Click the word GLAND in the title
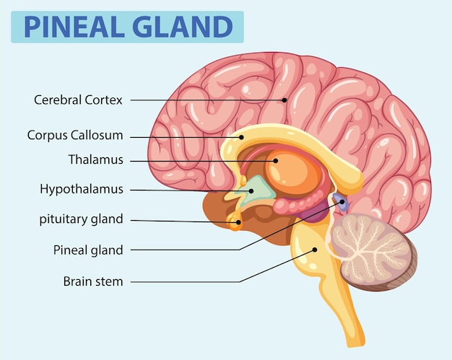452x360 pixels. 181,27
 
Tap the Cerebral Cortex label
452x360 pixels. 78,100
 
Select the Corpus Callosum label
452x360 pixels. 75,135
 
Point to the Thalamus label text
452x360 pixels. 95,160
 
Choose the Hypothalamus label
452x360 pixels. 82,190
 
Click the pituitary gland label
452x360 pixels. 82,219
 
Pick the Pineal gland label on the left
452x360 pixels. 88,250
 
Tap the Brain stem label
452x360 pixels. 93,281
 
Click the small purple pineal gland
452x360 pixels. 342,203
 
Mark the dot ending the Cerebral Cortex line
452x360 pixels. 284,100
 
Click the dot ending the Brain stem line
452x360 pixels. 315,250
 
